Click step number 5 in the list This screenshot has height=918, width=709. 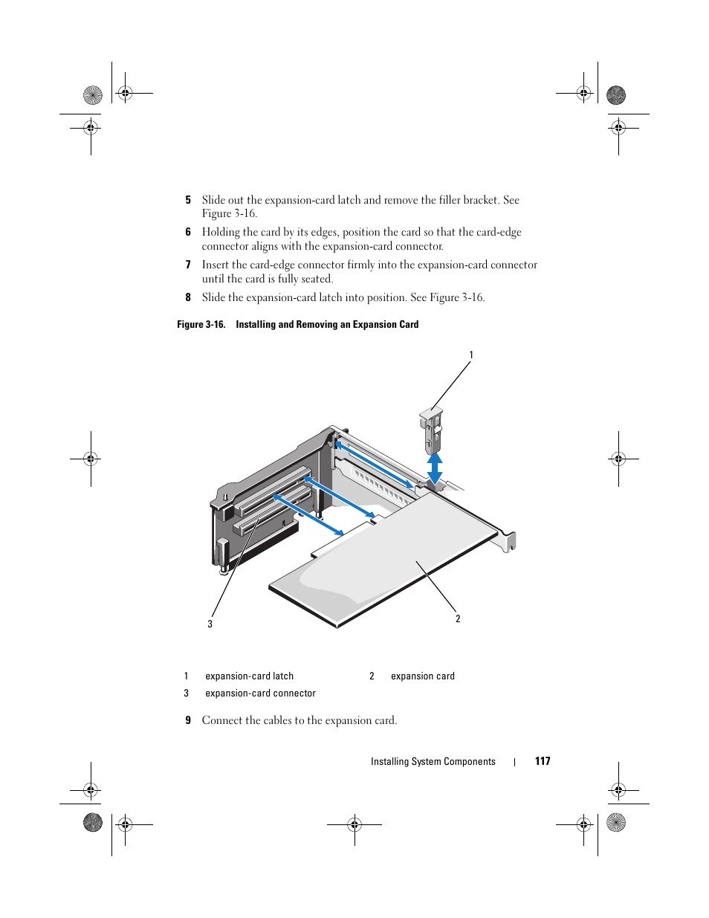pos(188,200)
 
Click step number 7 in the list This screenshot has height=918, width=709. pos(188,265)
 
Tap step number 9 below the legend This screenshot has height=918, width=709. pos(188,720)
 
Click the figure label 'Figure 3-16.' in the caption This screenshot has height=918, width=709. pos(201,325)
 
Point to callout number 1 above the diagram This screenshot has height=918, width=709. pos(470,355)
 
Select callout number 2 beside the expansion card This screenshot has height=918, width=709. pos(458,618)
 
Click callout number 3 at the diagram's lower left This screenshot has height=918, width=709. pos(210,624)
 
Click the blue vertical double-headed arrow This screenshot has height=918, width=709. pos(435,468)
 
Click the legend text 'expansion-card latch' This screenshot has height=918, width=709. pos(249,676)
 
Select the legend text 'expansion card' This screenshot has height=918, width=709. pos(422,676)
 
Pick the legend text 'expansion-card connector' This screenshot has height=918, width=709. pos(260,694)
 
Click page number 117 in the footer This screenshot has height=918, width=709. pos(543,761)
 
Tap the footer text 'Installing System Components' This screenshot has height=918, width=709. pos(433,762)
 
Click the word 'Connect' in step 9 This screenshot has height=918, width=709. pos(222,720)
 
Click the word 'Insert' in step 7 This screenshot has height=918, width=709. pos(216,265)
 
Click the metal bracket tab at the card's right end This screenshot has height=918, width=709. pos(509,540)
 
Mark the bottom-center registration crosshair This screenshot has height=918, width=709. pos(354,824)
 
